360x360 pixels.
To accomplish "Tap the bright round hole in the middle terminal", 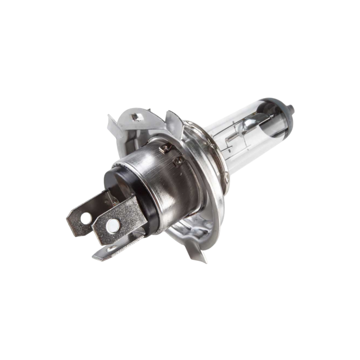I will click(x=110, y=225).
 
